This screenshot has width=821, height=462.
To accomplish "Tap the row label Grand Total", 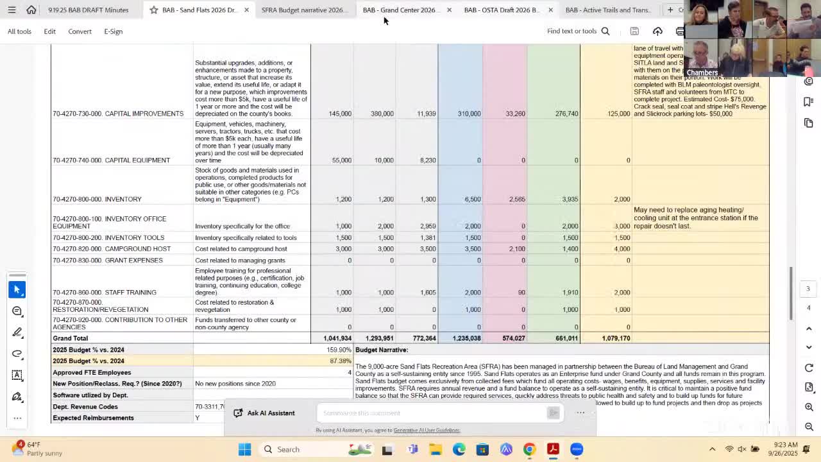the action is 71,338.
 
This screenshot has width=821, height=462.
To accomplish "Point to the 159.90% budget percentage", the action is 339,350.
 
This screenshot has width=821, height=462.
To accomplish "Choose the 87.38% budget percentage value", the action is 341,361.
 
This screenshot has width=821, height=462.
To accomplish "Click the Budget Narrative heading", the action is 382,350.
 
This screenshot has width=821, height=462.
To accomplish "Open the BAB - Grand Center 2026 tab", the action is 399,10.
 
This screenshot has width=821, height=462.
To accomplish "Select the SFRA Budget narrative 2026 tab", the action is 302,10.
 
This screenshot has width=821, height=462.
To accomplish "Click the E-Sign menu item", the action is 113,31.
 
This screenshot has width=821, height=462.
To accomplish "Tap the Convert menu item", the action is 80,31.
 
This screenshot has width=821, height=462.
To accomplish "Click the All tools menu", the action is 19,31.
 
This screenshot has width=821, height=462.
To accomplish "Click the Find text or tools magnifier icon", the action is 605,31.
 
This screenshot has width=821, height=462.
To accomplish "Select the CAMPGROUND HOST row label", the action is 112,248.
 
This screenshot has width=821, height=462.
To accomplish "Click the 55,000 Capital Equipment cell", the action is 340,160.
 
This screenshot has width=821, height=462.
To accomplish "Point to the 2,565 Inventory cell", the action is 516,199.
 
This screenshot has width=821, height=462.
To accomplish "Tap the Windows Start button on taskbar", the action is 244,449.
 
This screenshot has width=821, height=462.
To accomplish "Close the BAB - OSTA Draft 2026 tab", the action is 550,10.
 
